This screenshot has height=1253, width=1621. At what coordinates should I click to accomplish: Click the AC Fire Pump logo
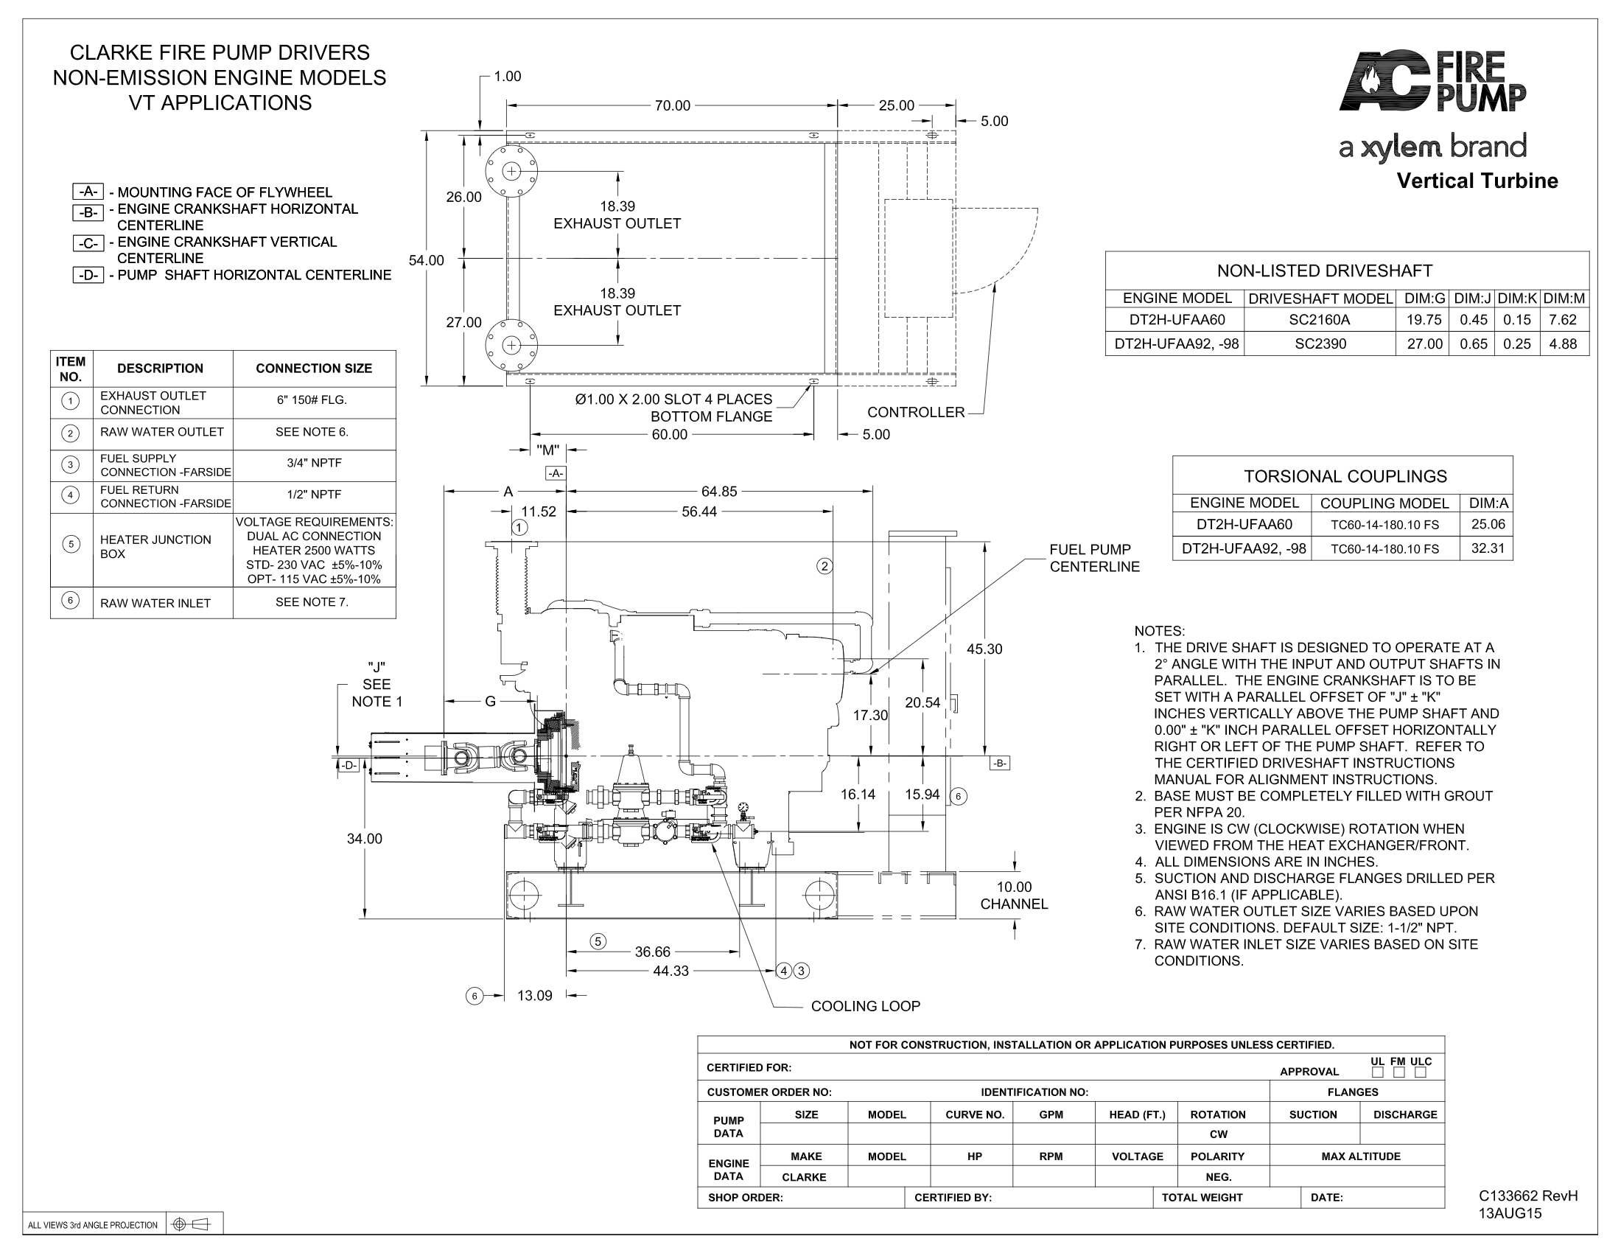(x=1432, y=82)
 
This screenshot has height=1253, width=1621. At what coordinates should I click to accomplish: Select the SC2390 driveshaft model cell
(x=1320, y=343)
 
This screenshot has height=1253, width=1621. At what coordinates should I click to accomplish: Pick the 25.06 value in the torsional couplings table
(x=1488, y=524)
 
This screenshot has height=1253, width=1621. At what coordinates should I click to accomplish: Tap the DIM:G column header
(x=1424, y=299)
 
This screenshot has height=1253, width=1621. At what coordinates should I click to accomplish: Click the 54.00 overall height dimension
(x=426, y=260)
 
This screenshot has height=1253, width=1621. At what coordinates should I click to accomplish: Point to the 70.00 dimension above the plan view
(x=673, y=106)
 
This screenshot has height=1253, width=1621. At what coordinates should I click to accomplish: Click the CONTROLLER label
(x=916, y=412)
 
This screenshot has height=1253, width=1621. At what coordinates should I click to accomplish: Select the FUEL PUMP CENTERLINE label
(x=1094, y=558)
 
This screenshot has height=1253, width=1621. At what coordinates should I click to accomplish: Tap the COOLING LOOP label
(x=866, y=1006)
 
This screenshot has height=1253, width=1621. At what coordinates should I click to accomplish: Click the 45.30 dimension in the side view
(x=984, y=649)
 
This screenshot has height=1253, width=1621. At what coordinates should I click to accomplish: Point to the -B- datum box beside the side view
(x=1000, y=763)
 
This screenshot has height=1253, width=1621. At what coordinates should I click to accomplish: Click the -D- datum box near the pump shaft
(x=348, y=765)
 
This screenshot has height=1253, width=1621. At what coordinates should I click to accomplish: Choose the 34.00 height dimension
(x=365, y=839)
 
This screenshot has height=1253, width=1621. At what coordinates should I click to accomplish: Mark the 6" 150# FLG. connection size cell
(x=312, y=400)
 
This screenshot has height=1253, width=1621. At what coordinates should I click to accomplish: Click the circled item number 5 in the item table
(x=71, y=544)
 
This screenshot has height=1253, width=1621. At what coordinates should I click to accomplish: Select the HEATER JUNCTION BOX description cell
(x=156, y=547)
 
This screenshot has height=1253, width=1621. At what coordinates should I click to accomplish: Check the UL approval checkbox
(x=1378, y=1072)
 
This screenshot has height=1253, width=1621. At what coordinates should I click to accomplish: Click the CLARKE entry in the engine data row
(x=804, y=1177)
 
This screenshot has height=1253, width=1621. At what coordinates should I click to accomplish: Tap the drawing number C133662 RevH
(x=1528, y=1196)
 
